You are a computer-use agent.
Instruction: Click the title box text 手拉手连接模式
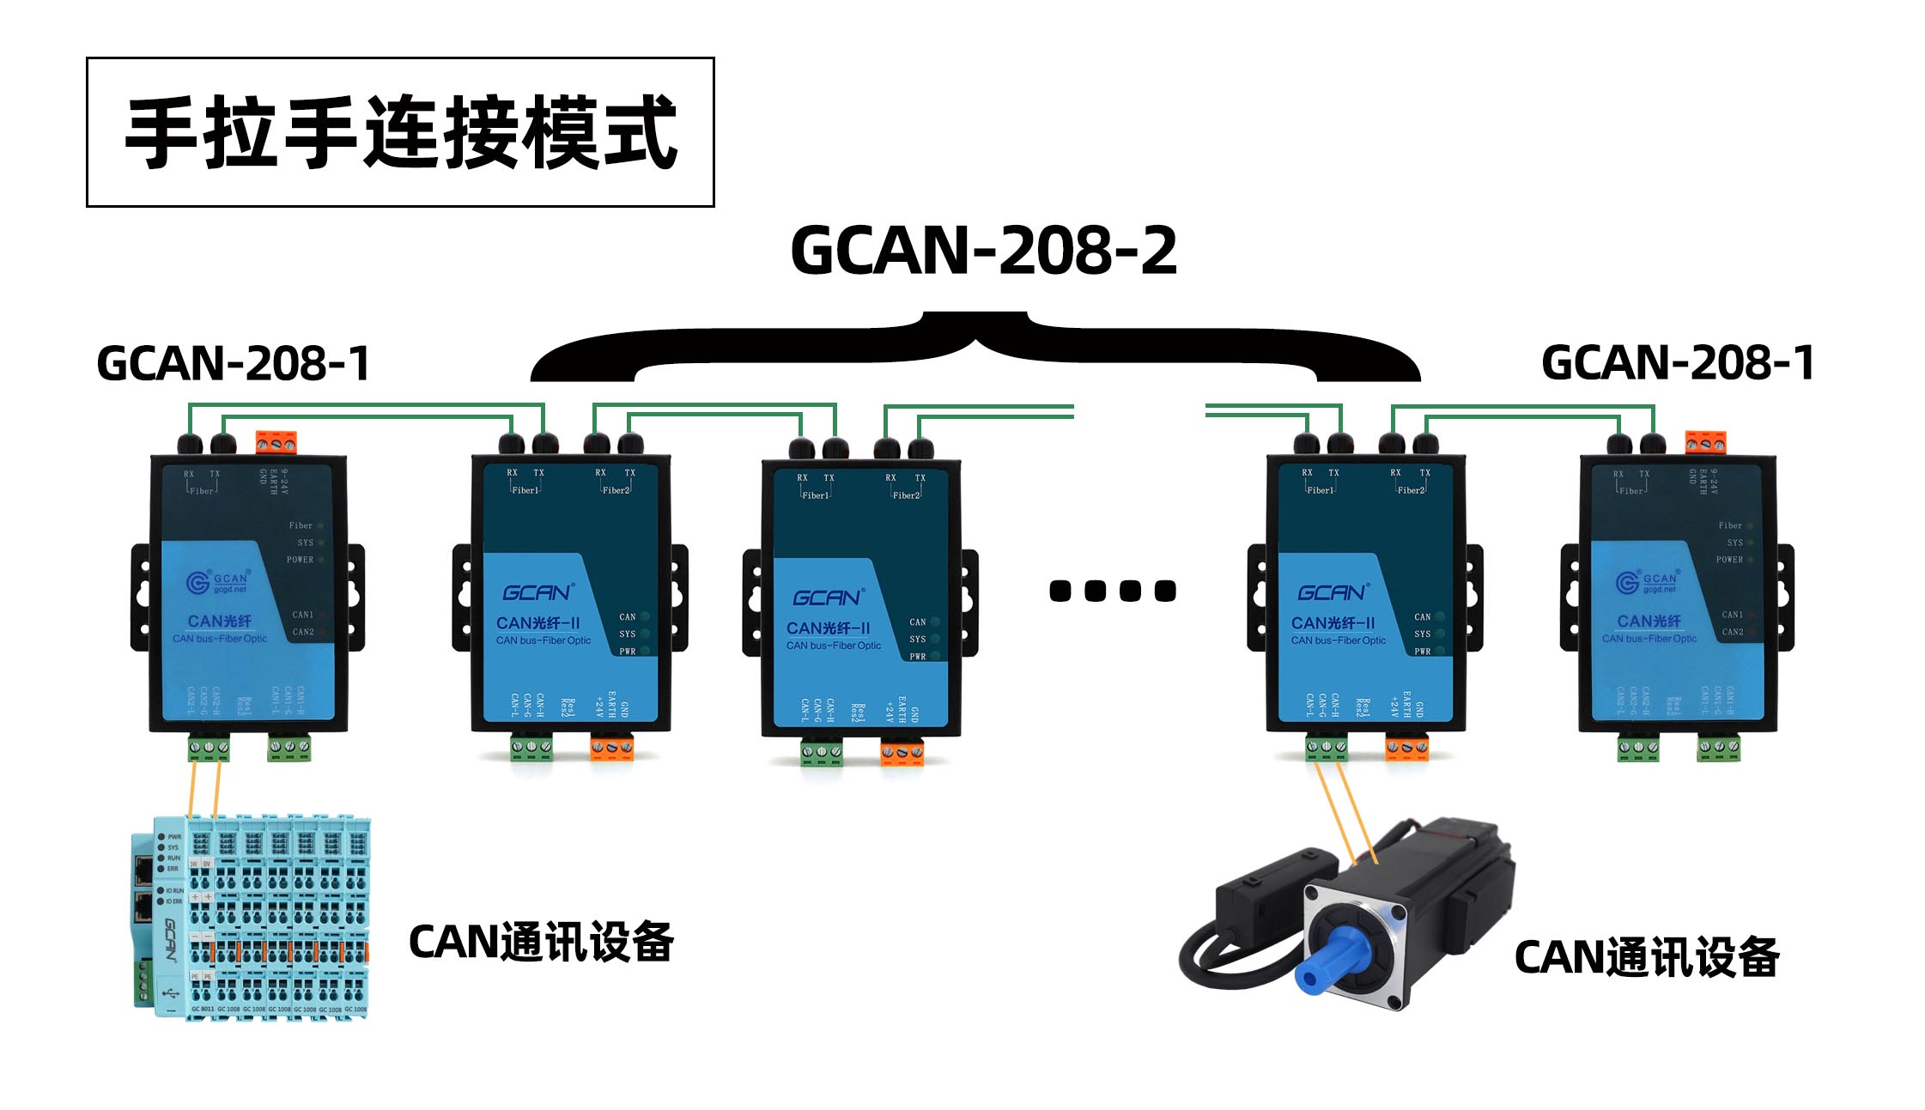pyautogui.click(x=401, y=133)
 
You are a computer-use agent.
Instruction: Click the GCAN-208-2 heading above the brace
pyautogui.click(x=983, y=251)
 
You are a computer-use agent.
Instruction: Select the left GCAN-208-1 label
pyautogui.click(x=233, y=363)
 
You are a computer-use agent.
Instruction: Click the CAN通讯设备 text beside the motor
pyautogui.click(x=1646, y=957)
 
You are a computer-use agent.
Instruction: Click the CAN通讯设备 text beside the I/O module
pyautogui.click(x=541, y=943)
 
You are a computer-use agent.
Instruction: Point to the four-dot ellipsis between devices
pyautogui.click(x=1112, y=591)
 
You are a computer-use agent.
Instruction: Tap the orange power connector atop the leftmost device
pyautogui.click(x=276, y=443)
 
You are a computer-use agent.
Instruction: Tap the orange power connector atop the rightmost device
pyautogui.click(x=1705, y=442)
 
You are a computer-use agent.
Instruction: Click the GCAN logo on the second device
pyautogui.click(x=537, y=593)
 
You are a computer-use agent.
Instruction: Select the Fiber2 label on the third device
pyautogui.click(x=906, y=495)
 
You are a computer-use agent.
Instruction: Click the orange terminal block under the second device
pyautogui.click(x=612, y=748)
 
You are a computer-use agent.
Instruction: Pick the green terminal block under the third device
pyautogui.click(x=822, y=753)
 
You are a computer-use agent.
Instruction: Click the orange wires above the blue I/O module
pyautogui.click(x=204, y=790)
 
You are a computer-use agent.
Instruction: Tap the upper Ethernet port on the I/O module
pyautogui.click(x=143, y=870)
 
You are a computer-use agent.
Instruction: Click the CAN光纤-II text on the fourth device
pyautogui.click(x=1333, y=623)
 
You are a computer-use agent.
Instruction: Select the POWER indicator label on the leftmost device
pyautogui.click(x=300, y=560)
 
